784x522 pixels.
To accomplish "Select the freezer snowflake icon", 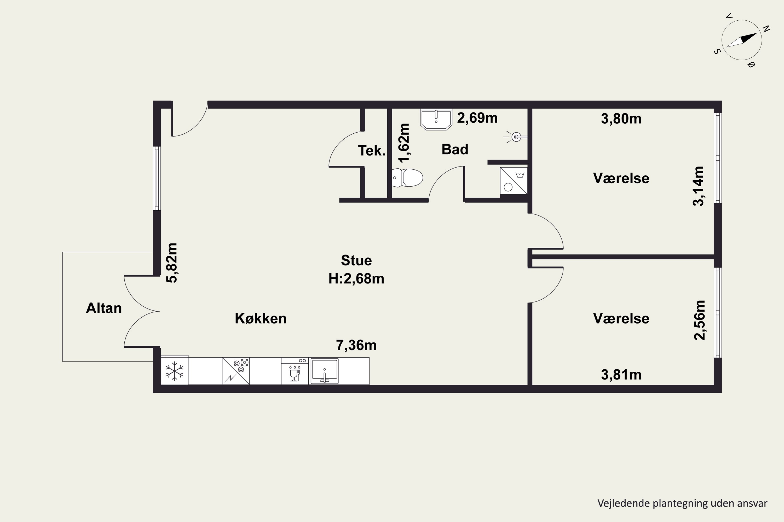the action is pos(175,371).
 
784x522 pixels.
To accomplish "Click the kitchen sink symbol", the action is pos(324,371).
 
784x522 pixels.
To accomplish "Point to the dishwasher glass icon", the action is pos(294,373).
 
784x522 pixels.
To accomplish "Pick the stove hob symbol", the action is pos(236,371).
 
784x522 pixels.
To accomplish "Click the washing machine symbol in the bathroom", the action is pos(514,181).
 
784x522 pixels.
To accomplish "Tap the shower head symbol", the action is pos(515,137).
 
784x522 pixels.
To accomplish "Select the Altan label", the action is pos(104,308).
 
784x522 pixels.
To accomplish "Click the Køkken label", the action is pos(261,319).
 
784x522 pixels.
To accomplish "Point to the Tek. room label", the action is pos(372,151).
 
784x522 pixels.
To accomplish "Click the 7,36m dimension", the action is pos(356,345).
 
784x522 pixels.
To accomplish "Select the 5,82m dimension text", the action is pos(172,263).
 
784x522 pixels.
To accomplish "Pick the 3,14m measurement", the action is pos(698,186).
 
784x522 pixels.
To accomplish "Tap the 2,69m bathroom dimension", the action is pos(477,118).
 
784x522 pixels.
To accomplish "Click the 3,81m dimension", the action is pos(621,375).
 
